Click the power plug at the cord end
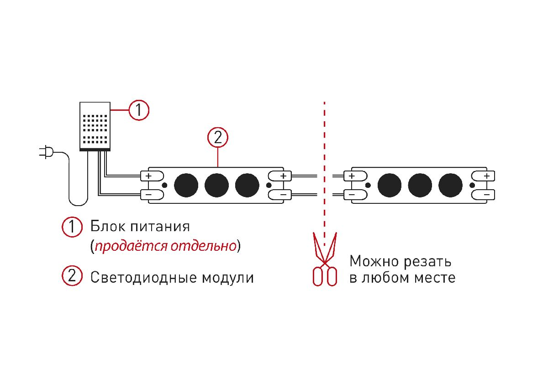[46, 153]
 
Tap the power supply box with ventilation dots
[95, 126]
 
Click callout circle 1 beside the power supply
[138, 110]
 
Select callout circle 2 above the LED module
[217, 137]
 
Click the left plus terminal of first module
[152, 176]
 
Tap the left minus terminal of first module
[152, 195]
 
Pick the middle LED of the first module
[216, 185]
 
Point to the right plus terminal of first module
[280, 176]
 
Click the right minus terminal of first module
[280, 195]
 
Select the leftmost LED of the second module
[389, 185]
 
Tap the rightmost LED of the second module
[450, 185]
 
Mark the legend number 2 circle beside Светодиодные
[72, 277]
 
